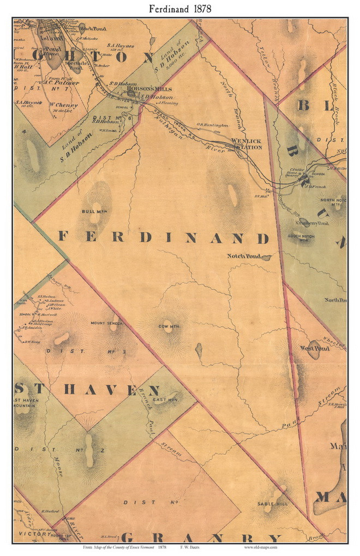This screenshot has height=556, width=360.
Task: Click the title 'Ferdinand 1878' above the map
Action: [179, 9]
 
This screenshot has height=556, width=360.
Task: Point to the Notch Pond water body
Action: [266, 257]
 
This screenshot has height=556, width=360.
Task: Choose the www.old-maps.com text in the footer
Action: [260, 547]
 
